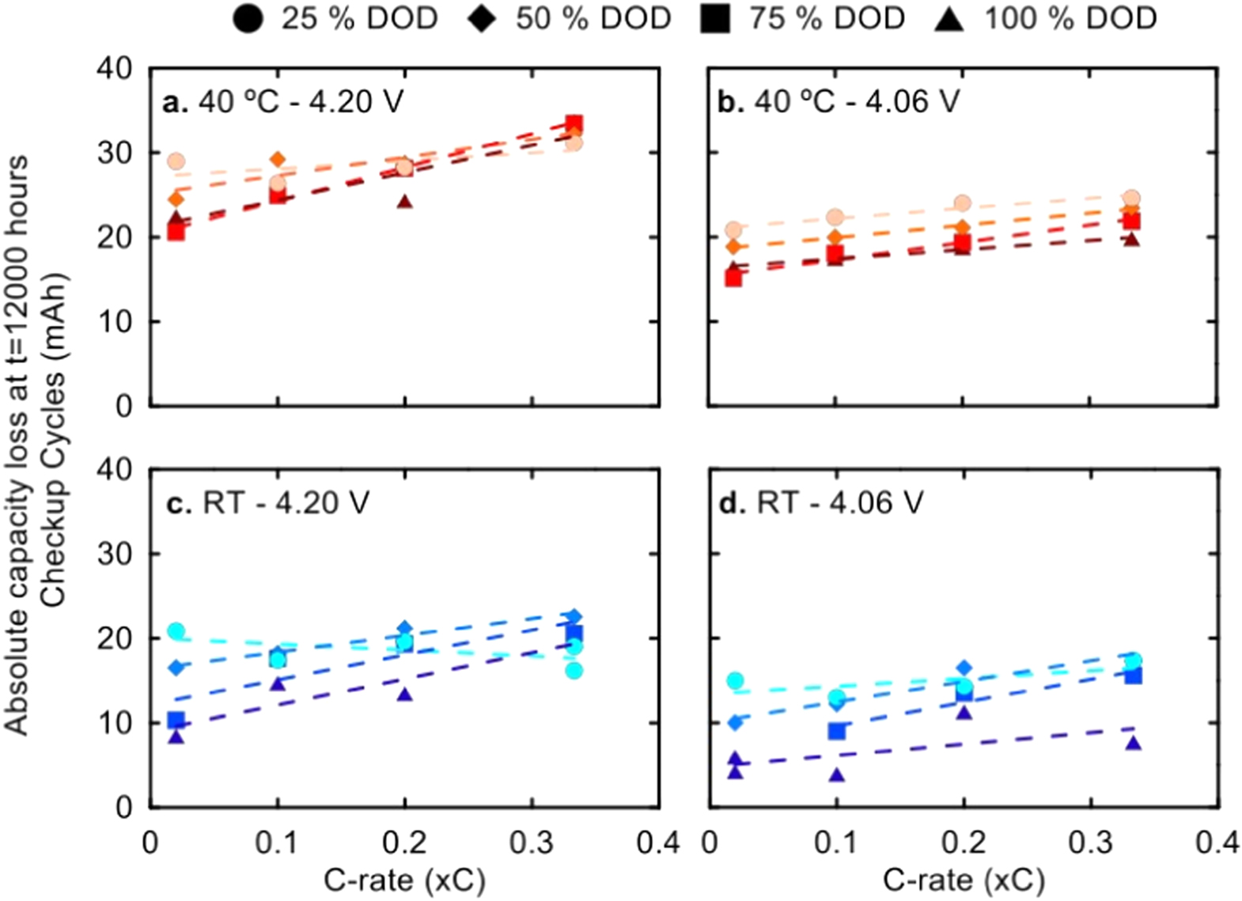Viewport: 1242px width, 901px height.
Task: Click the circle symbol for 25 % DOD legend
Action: point(248,18)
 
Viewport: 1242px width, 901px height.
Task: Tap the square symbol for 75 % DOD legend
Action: point(715,18)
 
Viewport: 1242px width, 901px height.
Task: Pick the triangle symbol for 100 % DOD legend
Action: point(949,18)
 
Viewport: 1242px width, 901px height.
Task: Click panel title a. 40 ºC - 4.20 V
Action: point(282,102)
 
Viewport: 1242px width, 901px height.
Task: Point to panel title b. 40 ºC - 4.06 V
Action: point(839,102)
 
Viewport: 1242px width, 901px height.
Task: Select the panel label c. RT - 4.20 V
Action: point(267,503)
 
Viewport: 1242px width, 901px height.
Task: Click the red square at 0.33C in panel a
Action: point(574,124)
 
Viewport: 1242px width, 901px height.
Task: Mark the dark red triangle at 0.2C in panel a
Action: point(405,202)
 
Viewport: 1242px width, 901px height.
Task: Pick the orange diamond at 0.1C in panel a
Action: point(278,160)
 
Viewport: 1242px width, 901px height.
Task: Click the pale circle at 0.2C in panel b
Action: point(963,203)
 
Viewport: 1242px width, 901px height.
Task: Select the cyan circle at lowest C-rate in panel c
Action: point(176,631)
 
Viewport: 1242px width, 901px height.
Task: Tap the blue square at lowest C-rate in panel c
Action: point(176,720)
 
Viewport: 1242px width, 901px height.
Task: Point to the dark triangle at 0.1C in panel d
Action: point(837,775)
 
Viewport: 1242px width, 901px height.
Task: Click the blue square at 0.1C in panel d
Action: point(837,731)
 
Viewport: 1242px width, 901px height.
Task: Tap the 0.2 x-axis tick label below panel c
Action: point(405,842)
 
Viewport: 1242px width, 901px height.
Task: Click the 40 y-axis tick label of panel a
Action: point(115,69)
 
